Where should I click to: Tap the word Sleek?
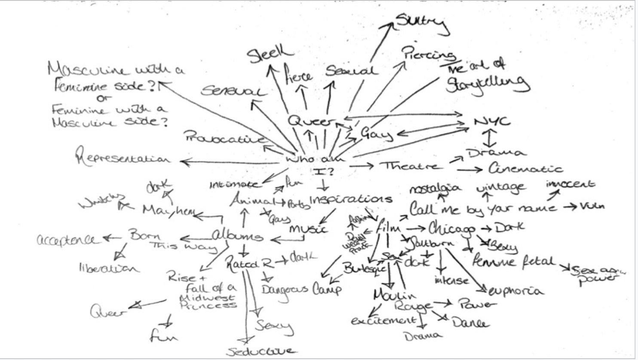point(270,55)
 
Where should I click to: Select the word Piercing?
point(428,54)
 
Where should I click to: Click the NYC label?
point(492,122)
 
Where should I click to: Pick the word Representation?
point(123,158)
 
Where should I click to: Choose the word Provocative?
point(224,138)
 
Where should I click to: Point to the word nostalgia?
point(435,189)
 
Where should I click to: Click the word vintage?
point(501,187)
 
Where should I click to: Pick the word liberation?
point(109,268)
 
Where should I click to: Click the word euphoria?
point(516,291)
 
